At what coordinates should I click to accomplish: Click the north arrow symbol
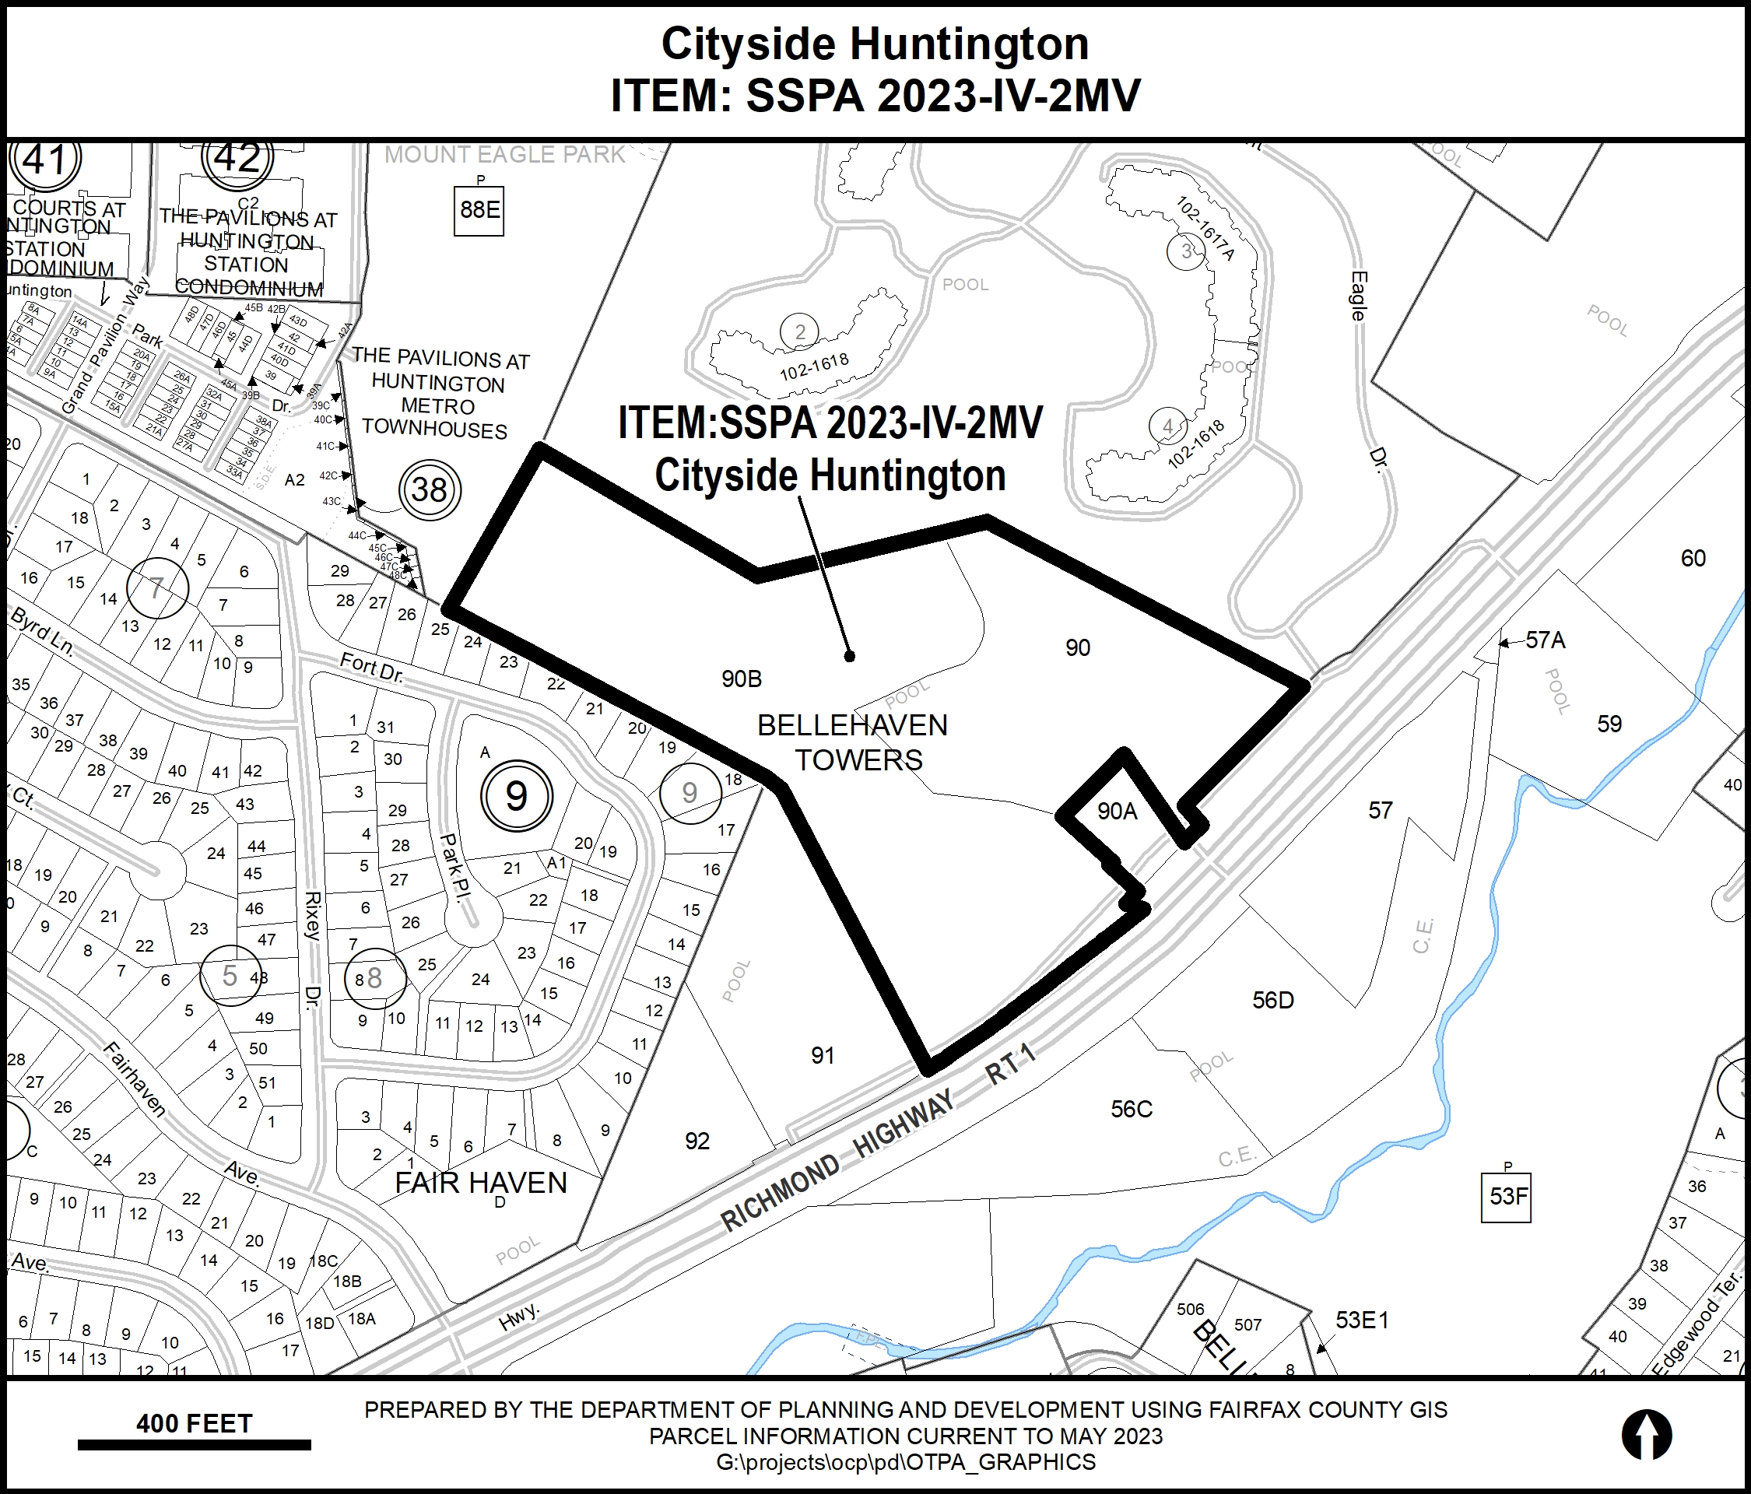pyautogui.click(x=1646, y=1435)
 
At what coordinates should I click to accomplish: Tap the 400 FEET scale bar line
pyautogui.click(x=195, y=1445)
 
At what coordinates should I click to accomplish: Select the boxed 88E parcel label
pyautogui.click(x=479, y=209)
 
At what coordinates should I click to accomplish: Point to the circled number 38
pyautogui.click(x=430, y=490)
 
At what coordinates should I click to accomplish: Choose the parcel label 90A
pyautogui.click(x=1118, y=812)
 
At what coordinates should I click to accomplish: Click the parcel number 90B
pyautogui.click(x=741, y=679)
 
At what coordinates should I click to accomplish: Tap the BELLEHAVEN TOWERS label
pyautogui.click(x=854, y=742)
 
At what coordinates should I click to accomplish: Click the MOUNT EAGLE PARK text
pyautogui.click(x=504, y=155)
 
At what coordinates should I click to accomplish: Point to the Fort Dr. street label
pyautogui.click(x=371, y=668)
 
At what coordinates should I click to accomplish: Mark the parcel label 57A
pyautogui.click(x=1546, y=640)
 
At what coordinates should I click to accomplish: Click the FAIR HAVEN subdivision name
pyautogui.click(x=481, y=1183)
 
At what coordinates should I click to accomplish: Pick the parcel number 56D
pyautogui.click(x=1272, y=1001)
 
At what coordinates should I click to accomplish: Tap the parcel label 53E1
pyautogui.click(x=1361, y=1320)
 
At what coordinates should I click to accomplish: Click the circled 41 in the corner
pyautogui.click(x=45, y=160)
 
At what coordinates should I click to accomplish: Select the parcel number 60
pyautogui.click(x=1693, y=559)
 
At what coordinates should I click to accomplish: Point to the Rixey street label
pyautogui.click(x=313, y=915)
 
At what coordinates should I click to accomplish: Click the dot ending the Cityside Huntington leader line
pyautogui.click(x=850, y=656)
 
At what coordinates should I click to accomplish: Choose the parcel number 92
pyautogui.click(x=697, y=1142)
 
